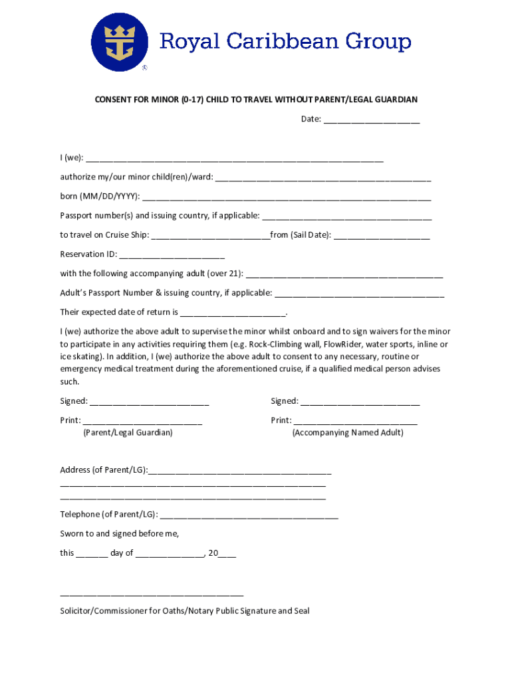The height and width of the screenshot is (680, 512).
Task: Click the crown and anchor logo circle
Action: tap(120, 42)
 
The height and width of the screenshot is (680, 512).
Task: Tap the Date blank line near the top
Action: tap(372, 121)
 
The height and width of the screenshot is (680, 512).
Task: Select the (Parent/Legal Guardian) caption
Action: tap(128, 432)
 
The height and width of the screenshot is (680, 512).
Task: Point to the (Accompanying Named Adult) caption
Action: tap(348, 432)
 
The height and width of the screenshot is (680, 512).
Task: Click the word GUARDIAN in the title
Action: tap(394, 100)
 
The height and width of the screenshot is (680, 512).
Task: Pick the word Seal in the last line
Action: tap(301, 611)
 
